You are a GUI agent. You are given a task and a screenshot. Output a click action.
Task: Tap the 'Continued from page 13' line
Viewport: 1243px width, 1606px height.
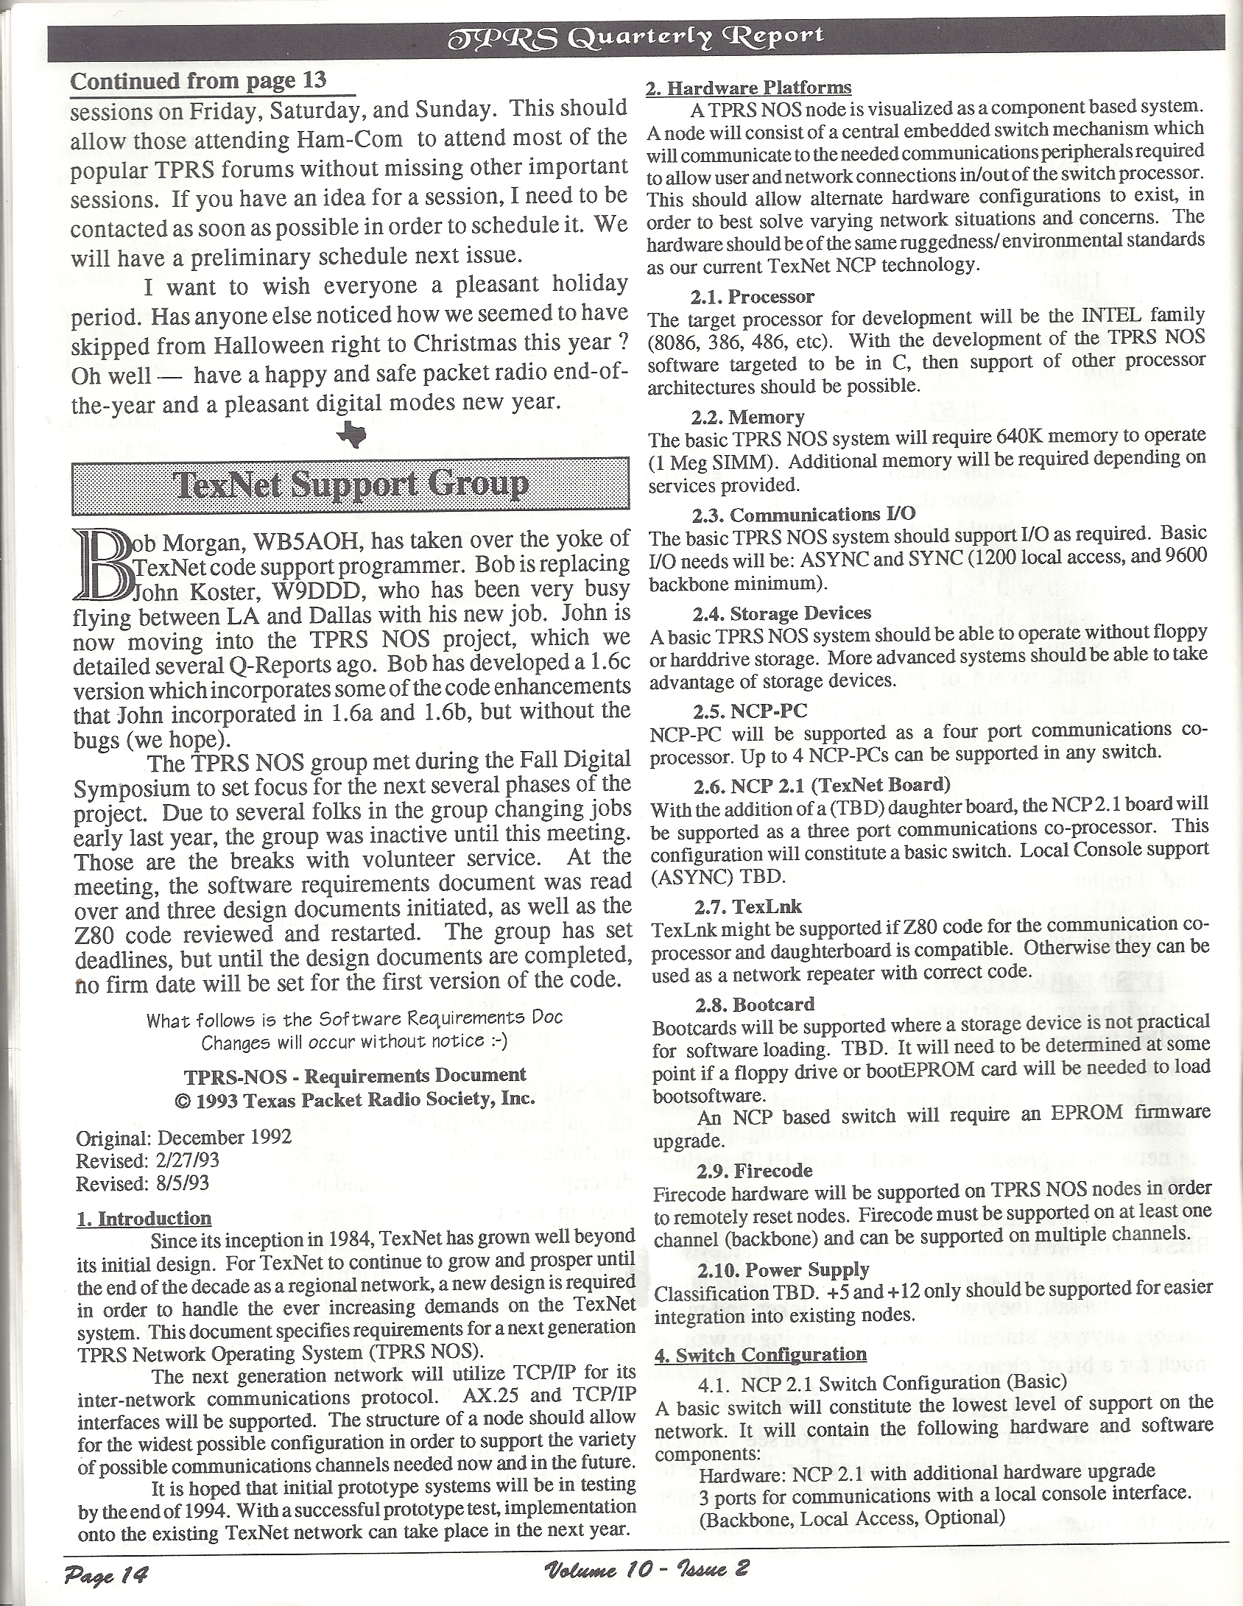coord(198,80)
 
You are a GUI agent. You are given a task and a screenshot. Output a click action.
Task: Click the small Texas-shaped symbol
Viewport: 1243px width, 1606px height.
coord(351,436)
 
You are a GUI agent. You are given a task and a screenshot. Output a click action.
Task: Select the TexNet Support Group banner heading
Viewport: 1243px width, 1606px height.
coord(351,485)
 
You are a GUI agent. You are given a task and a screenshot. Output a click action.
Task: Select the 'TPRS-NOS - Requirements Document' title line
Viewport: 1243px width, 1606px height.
coord(355,1076)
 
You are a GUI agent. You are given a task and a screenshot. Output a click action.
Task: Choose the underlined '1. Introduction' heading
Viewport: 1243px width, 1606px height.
coord(144,1219)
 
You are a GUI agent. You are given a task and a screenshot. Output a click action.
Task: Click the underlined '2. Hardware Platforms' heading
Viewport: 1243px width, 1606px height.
coord(749,88)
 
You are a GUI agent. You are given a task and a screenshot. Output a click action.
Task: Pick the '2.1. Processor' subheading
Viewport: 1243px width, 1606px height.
coord(753,297)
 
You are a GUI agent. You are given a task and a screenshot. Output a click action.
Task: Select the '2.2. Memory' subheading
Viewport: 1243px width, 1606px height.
coord(747,418)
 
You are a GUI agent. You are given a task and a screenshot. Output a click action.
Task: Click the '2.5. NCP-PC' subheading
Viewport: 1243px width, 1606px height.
coord(750,711)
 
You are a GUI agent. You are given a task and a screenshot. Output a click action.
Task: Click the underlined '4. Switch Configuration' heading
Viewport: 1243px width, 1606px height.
coord(761,1354)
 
